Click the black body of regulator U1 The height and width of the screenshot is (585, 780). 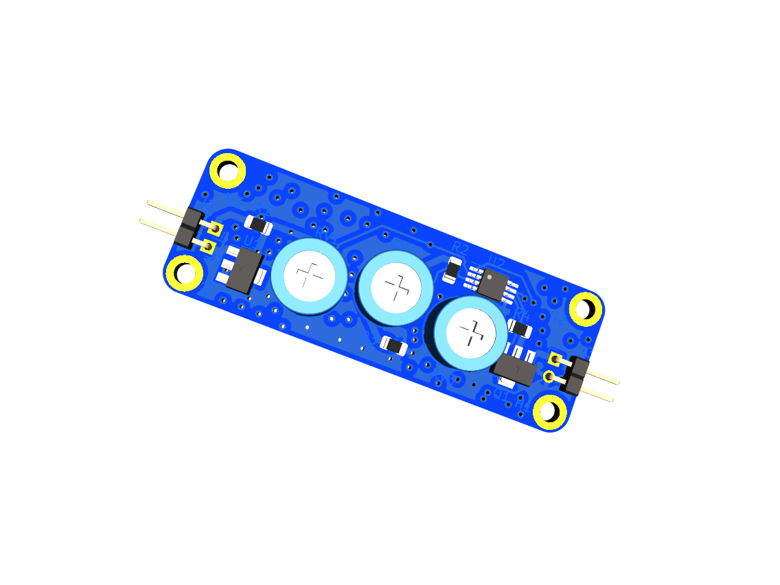click(x=244, y=272)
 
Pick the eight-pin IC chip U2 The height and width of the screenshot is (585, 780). click(x=493, y=284)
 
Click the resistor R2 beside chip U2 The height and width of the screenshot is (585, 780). click(x=453, y=269)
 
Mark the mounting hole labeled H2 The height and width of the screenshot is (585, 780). click(x=585, y=309)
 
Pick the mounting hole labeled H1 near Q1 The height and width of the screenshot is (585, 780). click(x=549, y=411)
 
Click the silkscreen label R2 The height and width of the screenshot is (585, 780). click(x=459, y=247)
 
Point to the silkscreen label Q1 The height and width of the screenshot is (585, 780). click(x=501, y=396)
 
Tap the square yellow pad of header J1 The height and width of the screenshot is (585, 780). click(x=555, y=360)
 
